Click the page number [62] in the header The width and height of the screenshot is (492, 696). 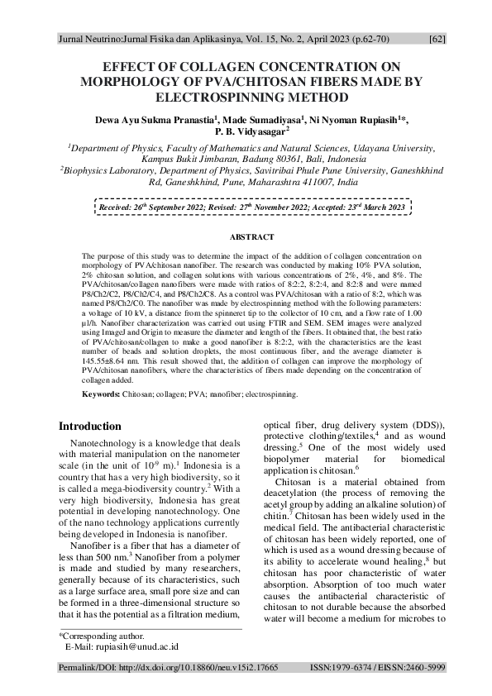[x=438, y=38]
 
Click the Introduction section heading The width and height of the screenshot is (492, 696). [x=89, y=427]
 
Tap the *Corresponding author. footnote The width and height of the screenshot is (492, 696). [x=101, y=636]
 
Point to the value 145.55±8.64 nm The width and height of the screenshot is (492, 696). [x=116, y=361]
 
